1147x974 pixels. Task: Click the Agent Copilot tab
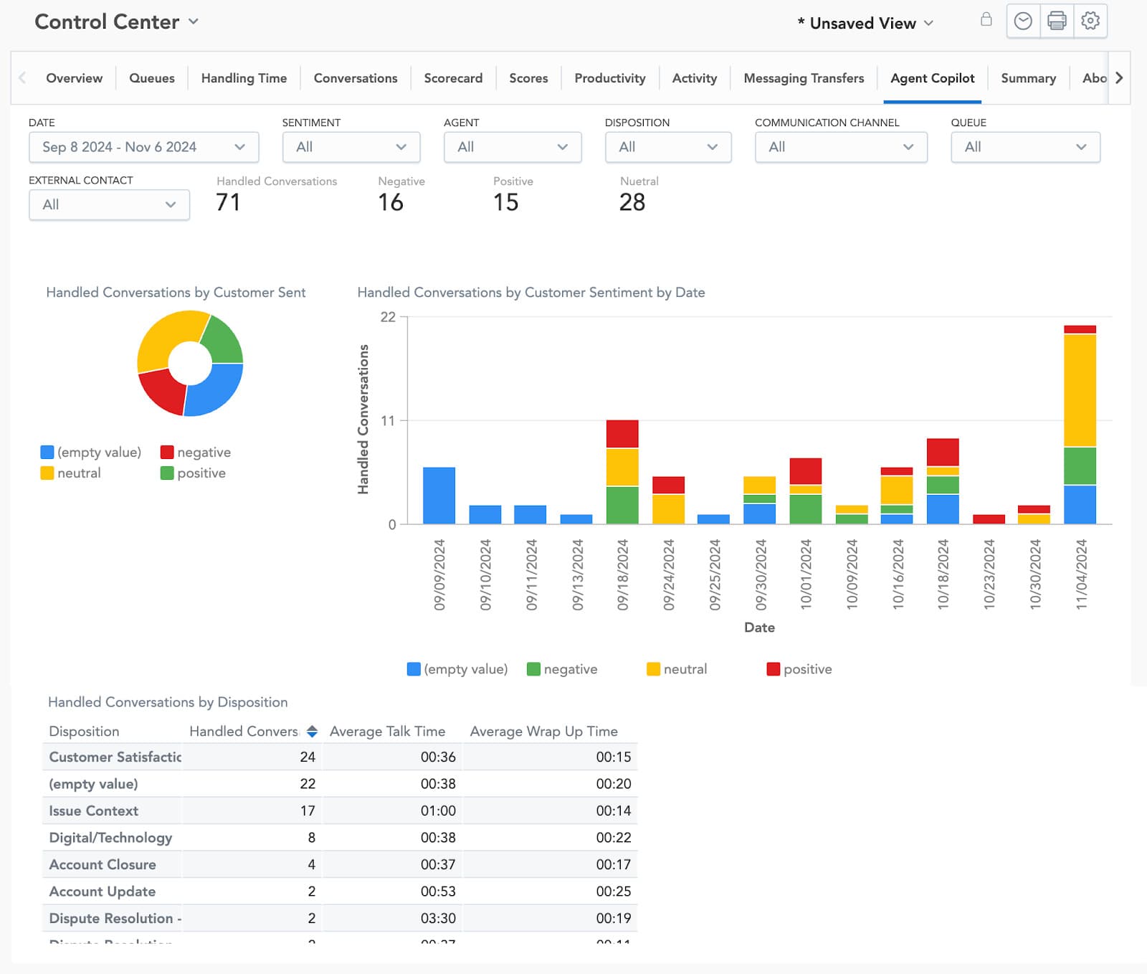coord(932,78)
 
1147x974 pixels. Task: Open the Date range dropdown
coord(143,147)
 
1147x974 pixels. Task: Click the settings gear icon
coord(1090,21)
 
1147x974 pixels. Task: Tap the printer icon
coord(1057,21)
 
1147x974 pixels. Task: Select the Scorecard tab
coord(453,78)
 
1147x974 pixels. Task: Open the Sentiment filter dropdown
coord(351,147)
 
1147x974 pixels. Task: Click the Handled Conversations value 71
coord(228,202)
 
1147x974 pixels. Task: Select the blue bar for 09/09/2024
coord(439,496)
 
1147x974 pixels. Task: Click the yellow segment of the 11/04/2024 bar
coord(1080,390)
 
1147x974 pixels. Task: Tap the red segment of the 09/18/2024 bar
coord(622,434)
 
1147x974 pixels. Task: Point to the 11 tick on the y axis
coord(388,421)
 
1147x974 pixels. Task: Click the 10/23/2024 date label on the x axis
coord(989,575)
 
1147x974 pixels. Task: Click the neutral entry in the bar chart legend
coord(677,669)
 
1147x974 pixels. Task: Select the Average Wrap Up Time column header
coord(543,732)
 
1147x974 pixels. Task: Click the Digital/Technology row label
coord(110,838)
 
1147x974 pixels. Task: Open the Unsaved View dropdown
coord(865,24)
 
